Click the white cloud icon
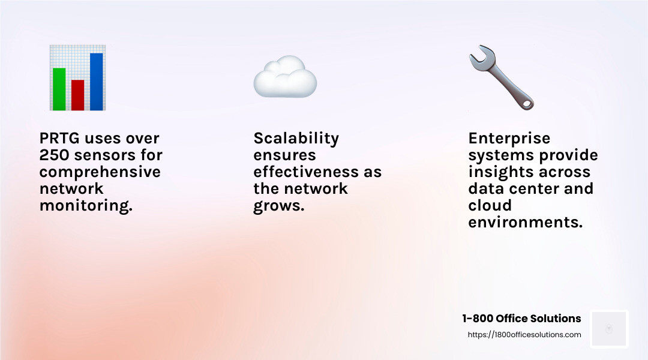tap(284, 78)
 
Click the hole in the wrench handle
tap(526, 104)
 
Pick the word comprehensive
tap(100, 172)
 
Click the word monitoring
tap(86, 206)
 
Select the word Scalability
tap(296, 139)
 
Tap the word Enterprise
tap(509, 139)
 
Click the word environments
tap(525, 223)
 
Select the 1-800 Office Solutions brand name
tap(521, 319)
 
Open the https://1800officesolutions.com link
tap(524, 335)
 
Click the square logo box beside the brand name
tap(609, 329)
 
